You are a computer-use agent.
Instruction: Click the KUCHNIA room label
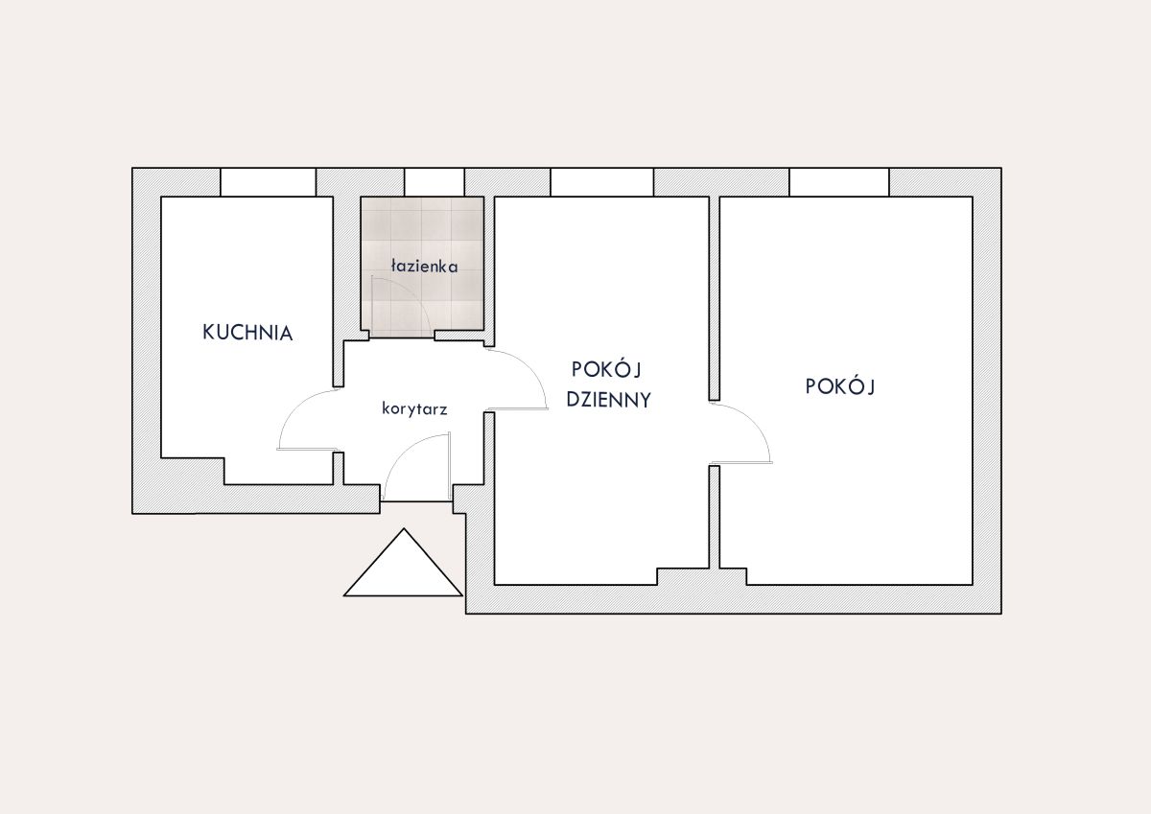tap(247, 333)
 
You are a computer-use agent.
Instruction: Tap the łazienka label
tap(424, 266)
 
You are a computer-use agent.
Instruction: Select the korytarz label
tap(414, 409)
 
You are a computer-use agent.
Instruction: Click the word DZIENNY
tap(608, 400)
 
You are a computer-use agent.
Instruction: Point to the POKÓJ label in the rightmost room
tap(839, 385)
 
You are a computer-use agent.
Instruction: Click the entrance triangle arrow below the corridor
tap(404, 563)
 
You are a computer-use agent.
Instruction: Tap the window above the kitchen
tap(269, 182)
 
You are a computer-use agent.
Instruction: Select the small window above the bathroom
tap(435, 182)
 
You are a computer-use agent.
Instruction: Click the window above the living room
tap(602, 182)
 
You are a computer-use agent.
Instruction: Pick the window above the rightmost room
tap(839, 182)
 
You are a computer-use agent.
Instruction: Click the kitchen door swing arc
tap(293, 406)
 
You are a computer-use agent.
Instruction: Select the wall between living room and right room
tap(715, 298)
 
